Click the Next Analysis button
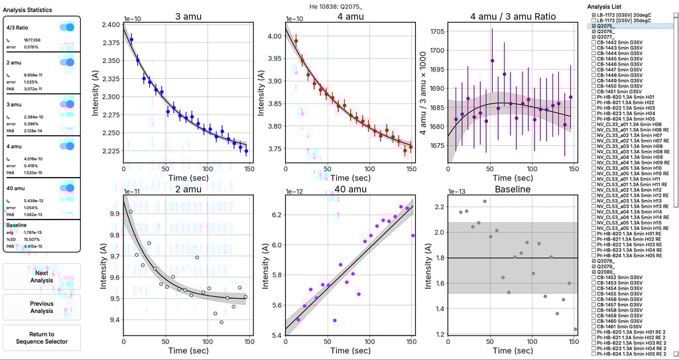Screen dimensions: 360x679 tap(41, 276)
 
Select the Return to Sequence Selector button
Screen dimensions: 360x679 tap(41, 337)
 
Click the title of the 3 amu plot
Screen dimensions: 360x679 tap(186, 16)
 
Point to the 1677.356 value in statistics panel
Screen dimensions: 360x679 tap(32, 40)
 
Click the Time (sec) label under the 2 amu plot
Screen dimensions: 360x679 tap(186, 351)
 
